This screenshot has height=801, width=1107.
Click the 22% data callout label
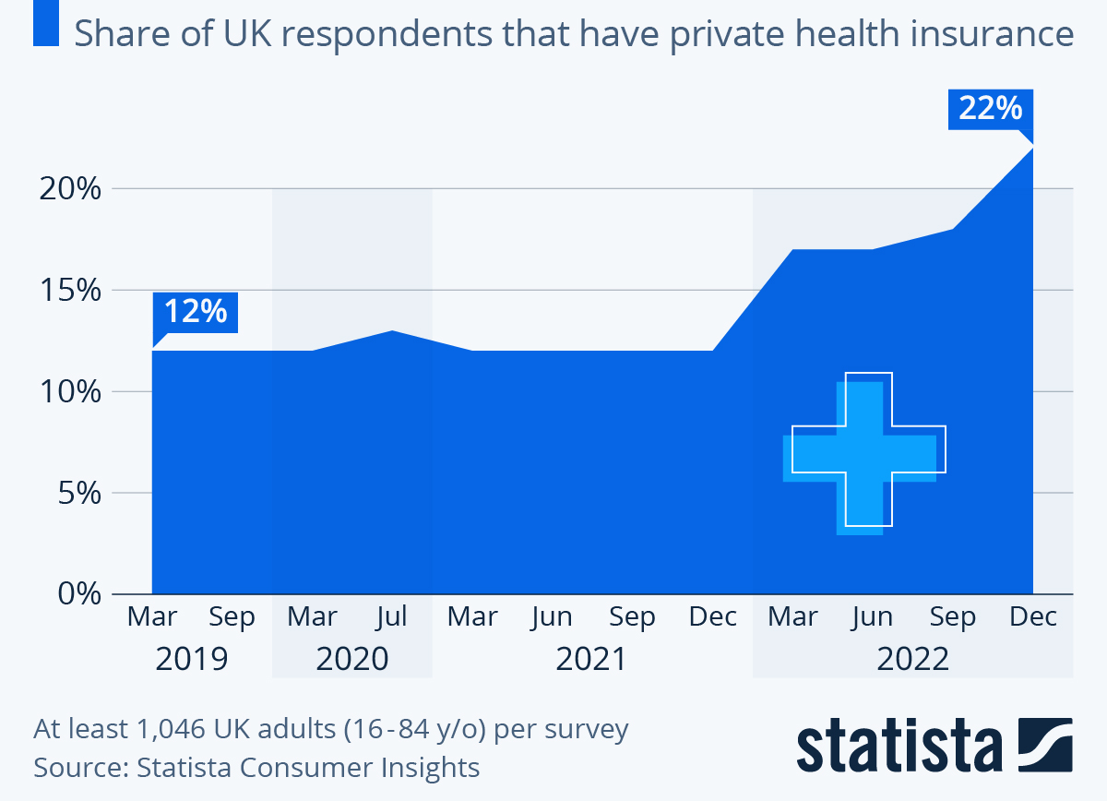click(x=991, y=110)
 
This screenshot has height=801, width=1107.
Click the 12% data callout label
click(x=196, y=312)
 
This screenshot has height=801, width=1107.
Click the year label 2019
click(x=192, y=659)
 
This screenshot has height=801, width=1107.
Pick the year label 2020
click(x=351, y=659)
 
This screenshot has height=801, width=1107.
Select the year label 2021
click(x=591, y=659)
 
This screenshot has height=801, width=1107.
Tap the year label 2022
click(x=912, y=659)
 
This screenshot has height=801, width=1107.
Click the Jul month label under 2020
click(x=392, y=616)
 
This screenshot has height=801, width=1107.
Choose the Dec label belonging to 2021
click(x=713, y=616)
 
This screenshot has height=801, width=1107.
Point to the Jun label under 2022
click(x=872, y=616)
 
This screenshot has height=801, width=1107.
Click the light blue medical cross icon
click(x=862, y=457)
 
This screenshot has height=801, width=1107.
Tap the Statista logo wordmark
click(x=899, y=744)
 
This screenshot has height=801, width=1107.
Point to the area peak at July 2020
click(x=393, y=331)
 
